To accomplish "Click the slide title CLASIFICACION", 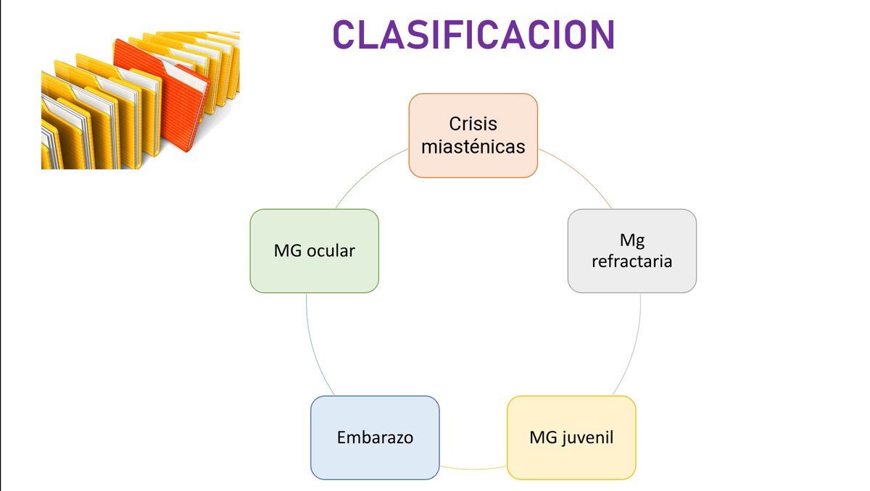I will pyautogui.click(x=473, y=33).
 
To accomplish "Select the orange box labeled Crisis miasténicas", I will pyautogui.click(x=473, y=135).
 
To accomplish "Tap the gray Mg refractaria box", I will pyautogui.click(x=631, y=251).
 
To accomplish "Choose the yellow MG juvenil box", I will pyautogui.click(x=571, y=437).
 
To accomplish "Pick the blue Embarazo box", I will pyautogui.click(x=375, y=437).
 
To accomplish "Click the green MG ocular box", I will pyautogui.click(x=314, y=251).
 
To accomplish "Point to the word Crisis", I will pyautogui.click(x=473, y=124).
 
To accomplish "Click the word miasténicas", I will pyautogui.click(x=473, y=147).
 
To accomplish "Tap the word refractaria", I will pyautogui.click(x=631, y=261).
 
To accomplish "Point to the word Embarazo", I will pyautogui.click(x=375, y=438).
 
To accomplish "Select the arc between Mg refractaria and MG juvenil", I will pyautogui.click(x=637, y=348).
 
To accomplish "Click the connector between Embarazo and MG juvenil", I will pyautogui.click(x=473, y=469).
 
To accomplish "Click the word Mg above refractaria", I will pyautogui.click(x=631, y=239).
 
